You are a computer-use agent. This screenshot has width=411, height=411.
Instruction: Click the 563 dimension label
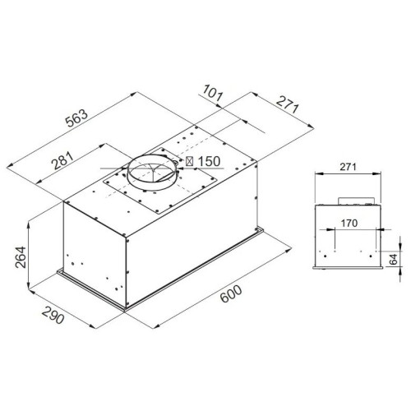point(77,118)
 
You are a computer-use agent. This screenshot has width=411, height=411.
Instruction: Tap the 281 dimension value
point(63,160)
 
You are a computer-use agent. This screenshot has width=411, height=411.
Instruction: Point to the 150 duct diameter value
point(209,161)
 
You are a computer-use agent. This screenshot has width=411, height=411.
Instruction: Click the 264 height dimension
point(21,257)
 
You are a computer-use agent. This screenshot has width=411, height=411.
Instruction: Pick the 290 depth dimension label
point(53,315)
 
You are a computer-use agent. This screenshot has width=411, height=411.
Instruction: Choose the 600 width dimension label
point(231,294)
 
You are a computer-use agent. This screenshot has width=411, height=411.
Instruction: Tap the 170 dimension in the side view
point(349,224)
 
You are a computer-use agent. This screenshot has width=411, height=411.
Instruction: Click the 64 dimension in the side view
point(393,259)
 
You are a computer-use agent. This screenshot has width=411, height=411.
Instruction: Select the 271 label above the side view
point(348,167)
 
